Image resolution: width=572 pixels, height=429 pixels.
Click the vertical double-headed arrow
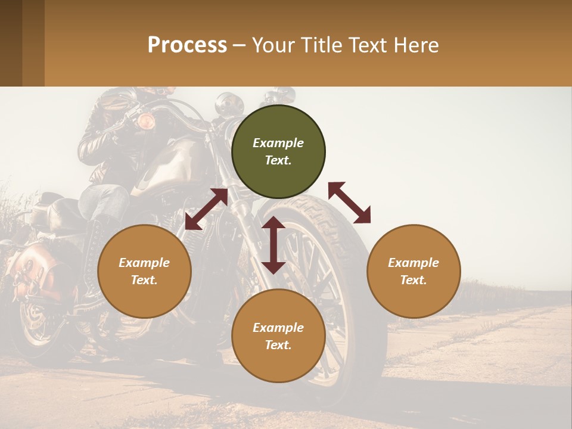(x=273, y=245)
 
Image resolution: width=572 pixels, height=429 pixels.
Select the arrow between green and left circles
(x=206, y=210)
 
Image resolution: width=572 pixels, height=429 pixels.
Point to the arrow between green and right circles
(x=350, y=203)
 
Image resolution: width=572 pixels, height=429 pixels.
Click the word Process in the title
(x=187, y=45)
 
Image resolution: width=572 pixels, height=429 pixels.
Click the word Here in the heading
(x=416, y=45)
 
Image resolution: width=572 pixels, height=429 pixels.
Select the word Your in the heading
(x=272, y=45)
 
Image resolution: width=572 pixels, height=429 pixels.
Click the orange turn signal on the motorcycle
(x=146, y=122)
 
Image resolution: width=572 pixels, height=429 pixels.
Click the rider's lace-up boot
(x=95, y=250)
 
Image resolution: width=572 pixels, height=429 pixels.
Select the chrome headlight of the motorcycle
(x=226, y=105)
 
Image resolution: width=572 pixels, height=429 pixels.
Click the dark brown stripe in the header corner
(x=11, y=43)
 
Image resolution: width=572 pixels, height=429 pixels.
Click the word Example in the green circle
(x=278, y=143)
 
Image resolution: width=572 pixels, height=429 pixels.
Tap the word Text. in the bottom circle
(x=278, y=345)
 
